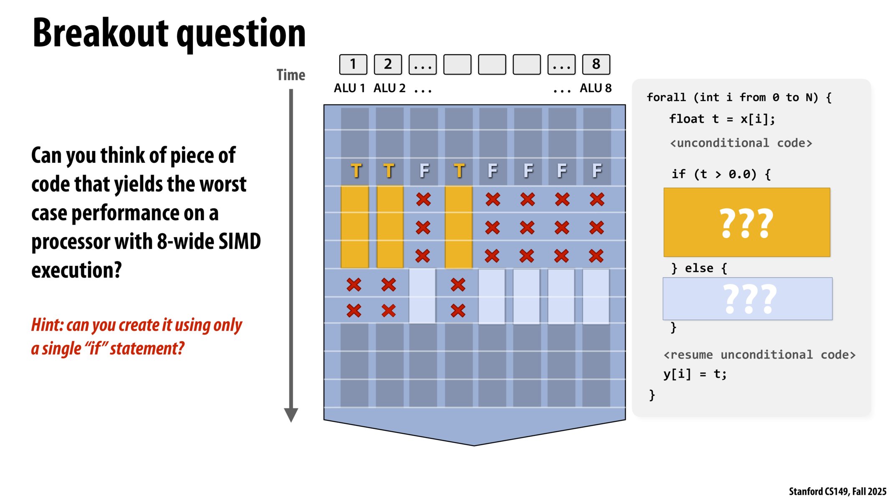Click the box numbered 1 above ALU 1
coord(353,64)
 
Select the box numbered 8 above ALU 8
coord(596,64)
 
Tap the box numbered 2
coord(388,64)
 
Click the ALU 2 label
coord(389,88)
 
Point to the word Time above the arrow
coord(291,75)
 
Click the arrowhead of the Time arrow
coord(291,415)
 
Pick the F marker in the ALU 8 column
coord(597,171)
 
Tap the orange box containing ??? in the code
coord(746,222)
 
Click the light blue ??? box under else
coord(747,299)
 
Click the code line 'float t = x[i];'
coord(722,119)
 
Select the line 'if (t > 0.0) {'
coord(721,174)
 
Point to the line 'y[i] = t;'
coord(695,374)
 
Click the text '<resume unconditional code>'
coord(759,355)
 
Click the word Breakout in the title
coord(100,33)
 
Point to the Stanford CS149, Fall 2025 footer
coord(837,491)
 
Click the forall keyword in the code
coord(666,97)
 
